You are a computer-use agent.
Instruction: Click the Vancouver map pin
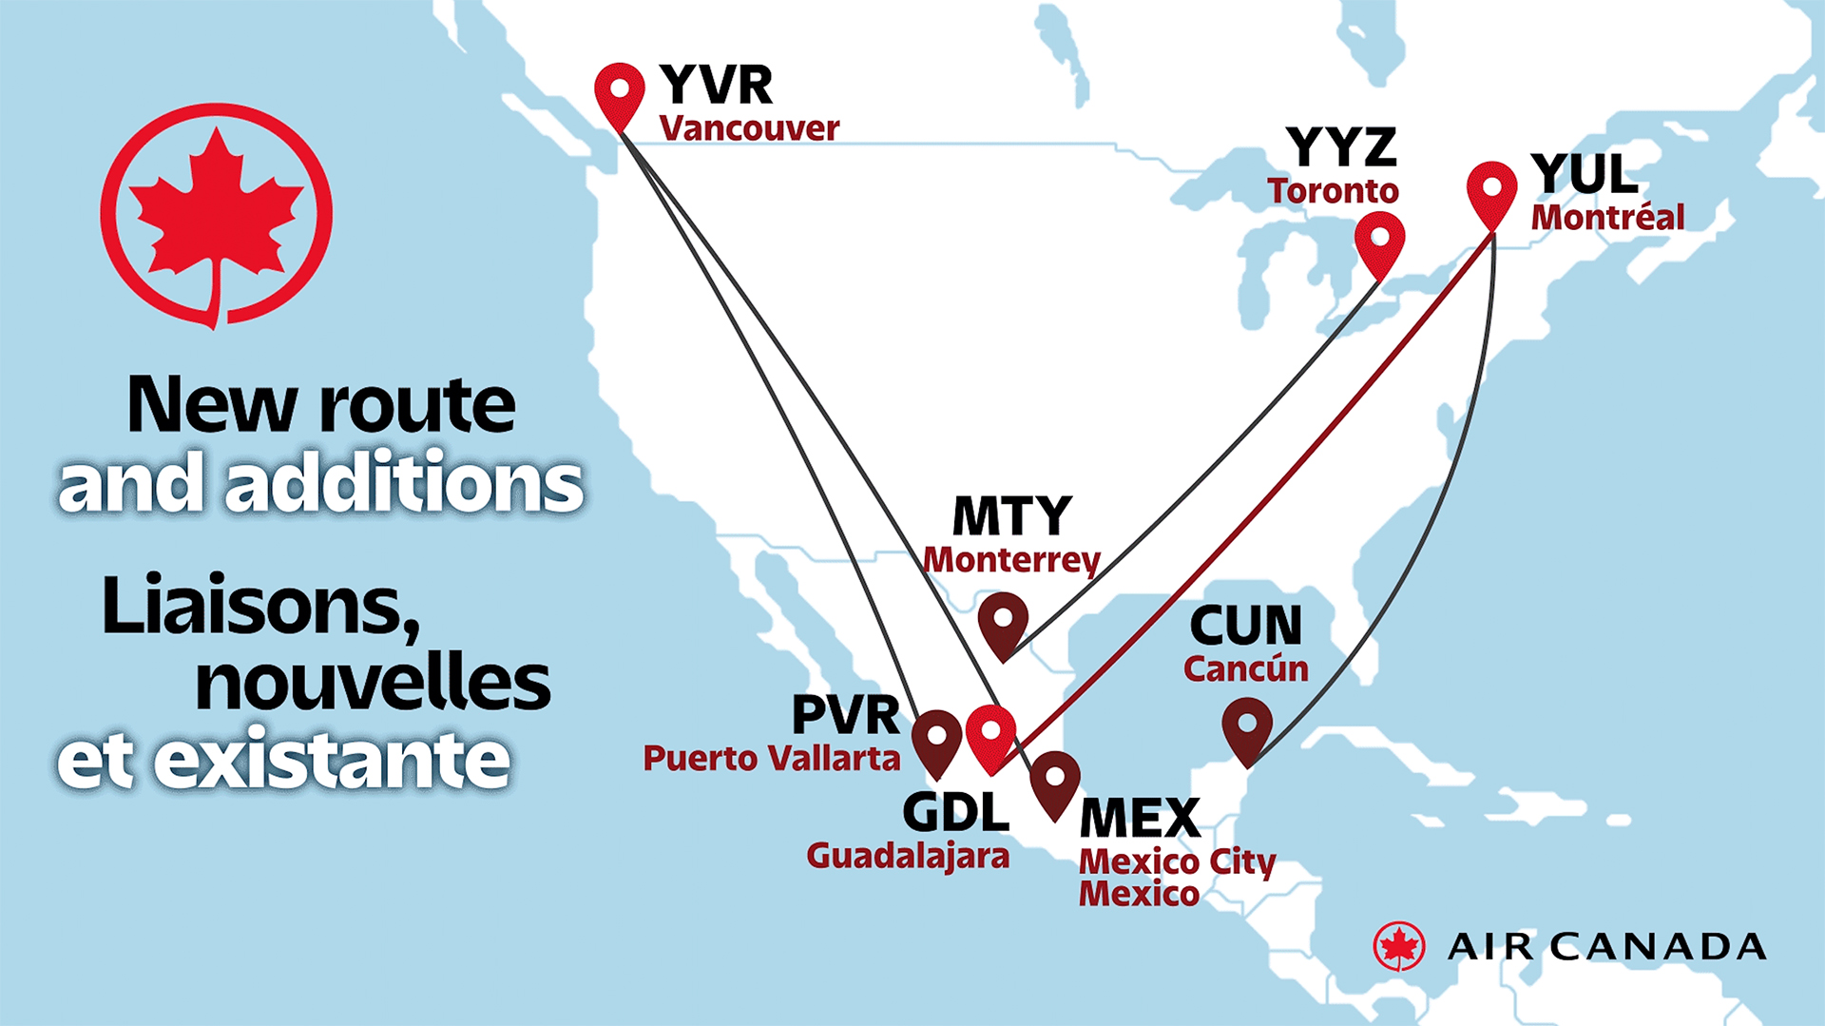[x=620, y=91]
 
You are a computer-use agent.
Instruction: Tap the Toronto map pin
[x=1379, y=240]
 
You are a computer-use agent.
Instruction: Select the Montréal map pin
[x=1491, y=190]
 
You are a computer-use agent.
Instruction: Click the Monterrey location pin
[x=1003, y=621]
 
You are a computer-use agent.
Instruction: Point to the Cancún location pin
[x=1246, y=727]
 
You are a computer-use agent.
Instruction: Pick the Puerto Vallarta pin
[x=936, y=739]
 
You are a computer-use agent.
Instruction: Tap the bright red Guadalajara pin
[x=990, y=734]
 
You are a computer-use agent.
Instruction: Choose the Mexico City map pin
[x=1054, y=780]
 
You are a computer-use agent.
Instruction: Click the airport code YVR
[x=716, y=85]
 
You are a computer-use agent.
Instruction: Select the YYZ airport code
[x=1341, y=147]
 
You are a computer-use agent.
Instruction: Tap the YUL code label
[x=1585, y=174]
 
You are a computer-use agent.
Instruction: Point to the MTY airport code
[x=1011, y=516]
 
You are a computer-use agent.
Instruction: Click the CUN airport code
[x=1245, y=626]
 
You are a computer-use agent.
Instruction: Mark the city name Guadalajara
[x=908, y=856]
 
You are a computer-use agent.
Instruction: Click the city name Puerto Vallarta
[x=771, y=759]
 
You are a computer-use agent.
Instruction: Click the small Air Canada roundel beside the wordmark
[x=1398, y=946]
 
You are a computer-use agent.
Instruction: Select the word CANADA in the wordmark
[x=1659, y=947]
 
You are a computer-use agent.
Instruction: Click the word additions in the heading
[x=404, y=483]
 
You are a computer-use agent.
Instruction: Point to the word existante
[x=332, y=761]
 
